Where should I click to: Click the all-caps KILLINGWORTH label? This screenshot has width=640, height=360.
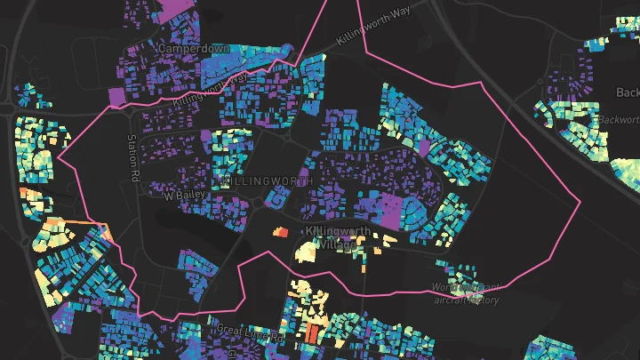(264, 180)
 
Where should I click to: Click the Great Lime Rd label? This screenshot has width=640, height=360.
(249, 332)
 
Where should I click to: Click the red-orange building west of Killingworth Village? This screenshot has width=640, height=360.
(280, 232)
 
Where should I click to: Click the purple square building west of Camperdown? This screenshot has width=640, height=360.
(116, 96)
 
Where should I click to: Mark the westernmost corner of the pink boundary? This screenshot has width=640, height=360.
(57, 159)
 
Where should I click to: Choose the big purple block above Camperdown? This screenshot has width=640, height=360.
(170, 11)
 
